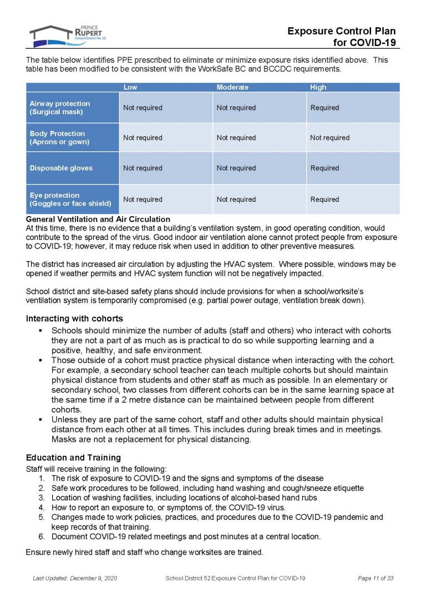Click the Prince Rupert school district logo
pos(67,35)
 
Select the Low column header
pos(130,87)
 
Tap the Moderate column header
pos(232,87)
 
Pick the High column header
pos(318,87)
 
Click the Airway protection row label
pos(60,108)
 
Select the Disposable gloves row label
pos(61,168)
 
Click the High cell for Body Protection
pos(329,137)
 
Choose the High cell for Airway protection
pos(324,108)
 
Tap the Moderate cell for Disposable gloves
pos(236,168)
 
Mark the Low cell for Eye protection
pos(143,199)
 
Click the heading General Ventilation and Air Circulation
pos(98,220)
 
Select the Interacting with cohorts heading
pos(74,318)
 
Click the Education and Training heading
pos(73,458)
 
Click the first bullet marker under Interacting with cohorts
pos(41,331)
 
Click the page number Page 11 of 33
pos(376,578)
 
